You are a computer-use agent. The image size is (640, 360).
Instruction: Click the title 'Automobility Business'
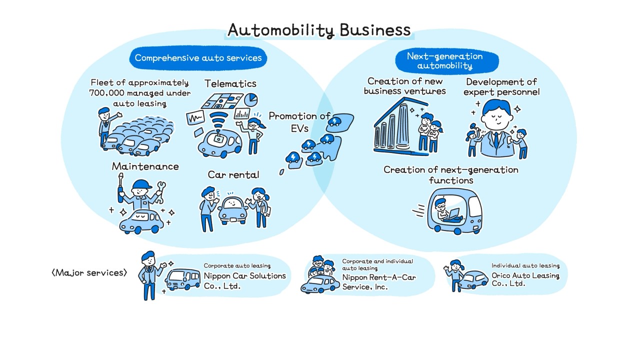tap(319, 30)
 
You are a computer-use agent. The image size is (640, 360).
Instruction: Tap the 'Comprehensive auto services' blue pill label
tap(198, 58)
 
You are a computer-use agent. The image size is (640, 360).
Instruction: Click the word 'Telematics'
tap(230, 83)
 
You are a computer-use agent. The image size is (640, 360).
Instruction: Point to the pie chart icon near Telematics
tap(250, 99)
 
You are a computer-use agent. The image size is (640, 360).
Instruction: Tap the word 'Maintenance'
tap(145, 166)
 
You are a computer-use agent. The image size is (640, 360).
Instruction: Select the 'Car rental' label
tap(233, 174)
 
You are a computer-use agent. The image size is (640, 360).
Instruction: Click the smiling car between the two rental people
tap(233, 210)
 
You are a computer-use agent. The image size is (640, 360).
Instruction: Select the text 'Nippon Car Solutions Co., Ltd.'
tap(244, 281)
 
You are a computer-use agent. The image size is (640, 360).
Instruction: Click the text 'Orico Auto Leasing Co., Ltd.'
tap(525, 279)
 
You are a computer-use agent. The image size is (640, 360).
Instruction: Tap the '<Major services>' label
tap(89, 272)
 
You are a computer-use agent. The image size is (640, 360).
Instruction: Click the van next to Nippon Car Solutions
tap(183, 279)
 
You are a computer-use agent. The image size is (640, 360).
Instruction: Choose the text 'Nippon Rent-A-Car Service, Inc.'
tap(378, 282)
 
